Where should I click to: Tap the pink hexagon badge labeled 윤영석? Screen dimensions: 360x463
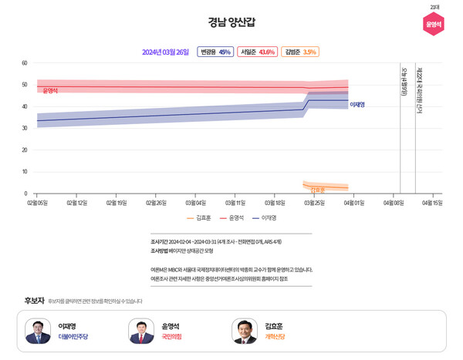(434, 24)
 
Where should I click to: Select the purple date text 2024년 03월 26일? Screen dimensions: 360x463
(165, 52)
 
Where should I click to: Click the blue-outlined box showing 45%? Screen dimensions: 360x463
(215, 52)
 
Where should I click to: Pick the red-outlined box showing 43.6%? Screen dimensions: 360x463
(257, 52)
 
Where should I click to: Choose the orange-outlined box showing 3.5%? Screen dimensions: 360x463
(300, 52)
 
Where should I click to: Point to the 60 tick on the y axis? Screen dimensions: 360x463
(25, 63)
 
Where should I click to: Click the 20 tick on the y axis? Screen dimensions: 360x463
(25, 150)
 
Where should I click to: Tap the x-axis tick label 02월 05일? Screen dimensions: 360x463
(37, 203)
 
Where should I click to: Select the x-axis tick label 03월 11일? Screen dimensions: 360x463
(235, 203)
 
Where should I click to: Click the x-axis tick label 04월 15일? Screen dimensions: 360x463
(432, 203)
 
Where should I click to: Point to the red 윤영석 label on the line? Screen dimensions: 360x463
(50, 90)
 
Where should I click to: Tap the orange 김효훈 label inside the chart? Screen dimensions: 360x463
(317, 190)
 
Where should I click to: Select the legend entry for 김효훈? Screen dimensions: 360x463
(199, 218)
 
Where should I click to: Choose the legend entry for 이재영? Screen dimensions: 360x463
(265, 218)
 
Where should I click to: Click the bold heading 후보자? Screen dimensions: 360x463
(34, 300)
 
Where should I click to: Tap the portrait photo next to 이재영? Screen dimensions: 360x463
(38, 331)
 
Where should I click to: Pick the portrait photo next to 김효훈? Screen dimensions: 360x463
(245, 331)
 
